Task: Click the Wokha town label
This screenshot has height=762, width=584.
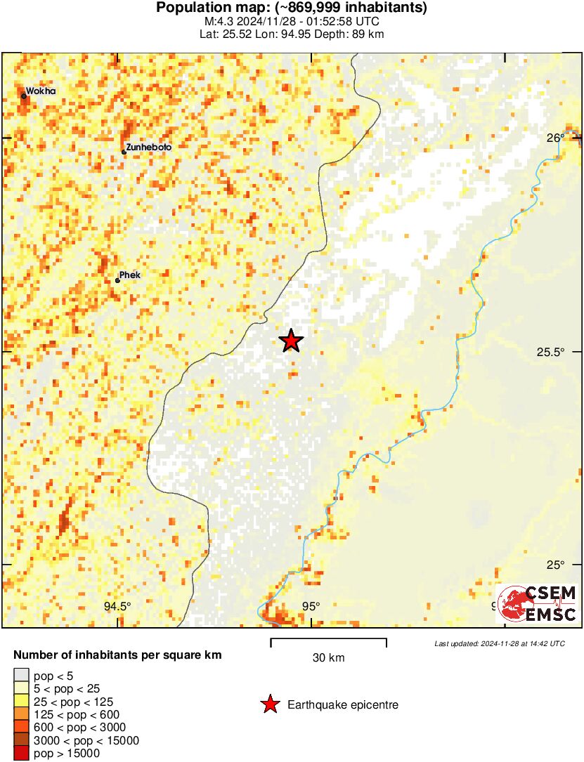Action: [x=41, y=91]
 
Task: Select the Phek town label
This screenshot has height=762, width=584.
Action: [x=130, y=275]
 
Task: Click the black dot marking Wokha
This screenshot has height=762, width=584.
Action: [x=24, y=96]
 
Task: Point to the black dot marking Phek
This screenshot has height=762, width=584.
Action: [x=117, y=280]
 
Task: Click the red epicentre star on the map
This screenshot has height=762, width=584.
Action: [x=291, y=341]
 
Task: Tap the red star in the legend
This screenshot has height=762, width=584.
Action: [x=269, y=704]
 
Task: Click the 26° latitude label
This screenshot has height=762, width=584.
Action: [x=555, y=138]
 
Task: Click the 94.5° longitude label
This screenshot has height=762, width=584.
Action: [x=117, y=607]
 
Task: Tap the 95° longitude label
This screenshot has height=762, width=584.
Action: [x=311, y=607]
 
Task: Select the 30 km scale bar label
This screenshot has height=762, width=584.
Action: [x=328, y=658]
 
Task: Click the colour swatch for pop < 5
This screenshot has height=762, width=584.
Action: [x=22, y=676]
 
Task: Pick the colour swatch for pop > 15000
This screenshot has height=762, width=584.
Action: [x=22, y=754]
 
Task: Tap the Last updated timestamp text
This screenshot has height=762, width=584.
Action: [x=499, y=643]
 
